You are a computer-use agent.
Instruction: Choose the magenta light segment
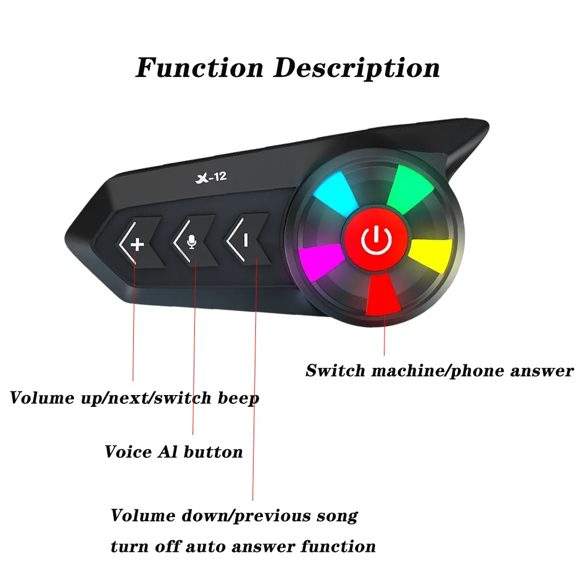321,262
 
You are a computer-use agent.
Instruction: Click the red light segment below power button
383,295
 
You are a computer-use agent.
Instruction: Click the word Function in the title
200,69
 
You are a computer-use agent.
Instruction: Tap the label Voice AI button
174,452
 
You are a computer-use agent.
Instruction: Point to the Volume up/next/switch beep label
134,399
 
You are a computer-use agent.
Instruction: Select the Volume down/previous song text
234,516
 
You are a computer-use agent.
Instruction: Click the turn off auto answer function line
243,547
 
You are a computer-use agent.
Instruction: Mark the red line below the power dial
384,335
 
